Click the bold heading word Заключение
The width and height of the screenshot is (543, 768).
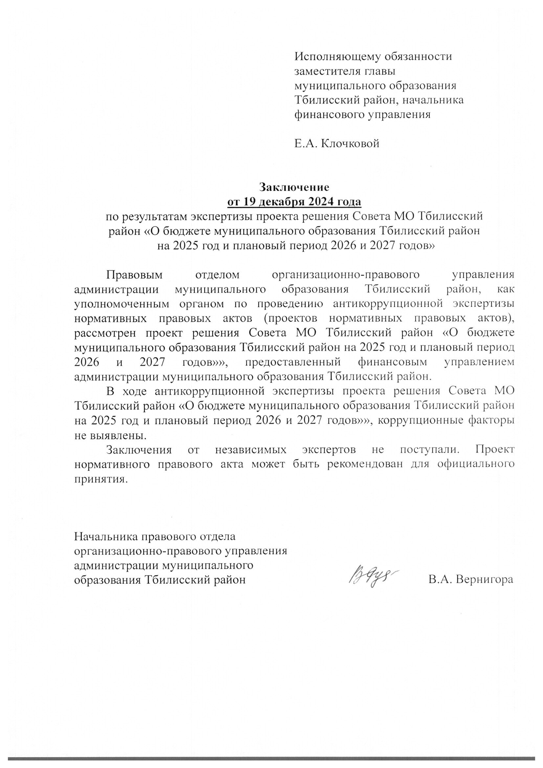tap(294, 187)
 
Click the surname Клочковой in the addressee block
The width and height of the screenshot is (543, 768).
tap(350, 144)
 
